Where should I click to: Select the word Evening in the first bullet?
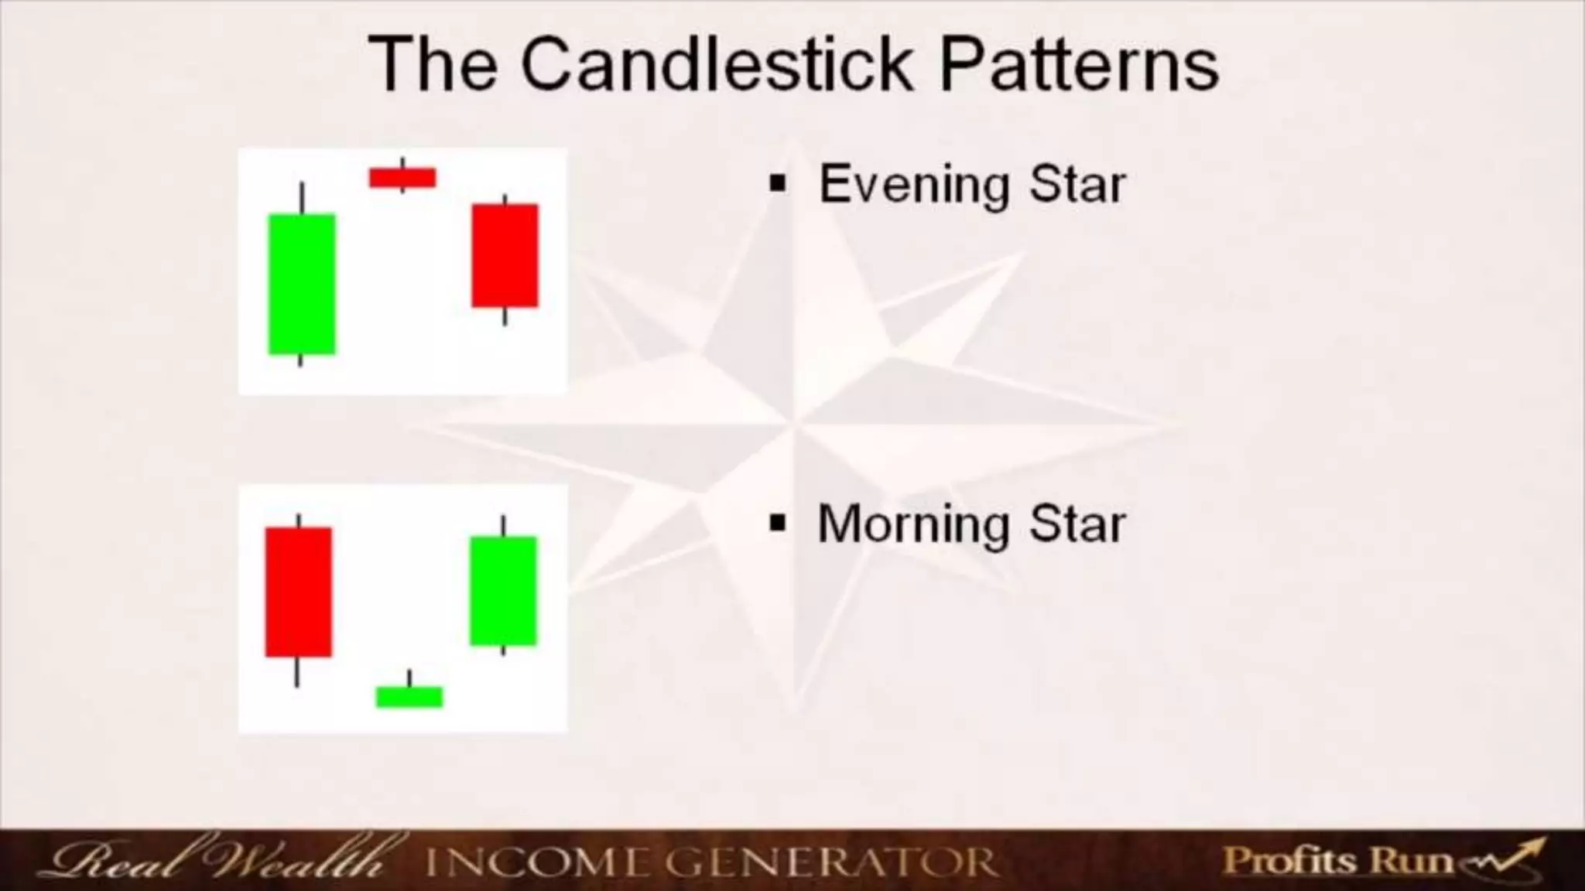pos(913,185)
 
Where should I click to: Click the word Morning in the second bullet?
pos(913,524)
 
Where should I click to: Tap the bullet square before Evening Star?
pos(778,185)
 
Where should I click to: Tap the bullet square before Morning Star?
pos(778,524)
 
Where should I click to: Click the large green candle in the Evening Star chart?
pos(302,284)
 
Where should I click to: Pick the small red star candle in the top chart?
pos(402,178)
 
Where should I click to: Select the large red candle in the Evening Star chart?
pos(505,255)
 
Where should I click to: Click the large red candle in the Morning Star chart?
pos(298,592)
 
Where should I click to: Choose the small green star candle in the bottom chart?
pos(409,696)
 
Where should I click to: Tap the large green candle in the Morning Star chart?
pos(503,590)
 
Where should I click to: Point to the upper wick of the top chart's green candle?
pos(302,197)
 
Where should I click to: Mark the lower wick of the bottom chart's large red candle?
pos(296,671)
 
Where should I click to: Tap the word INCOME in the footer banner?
pos(537,862)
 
